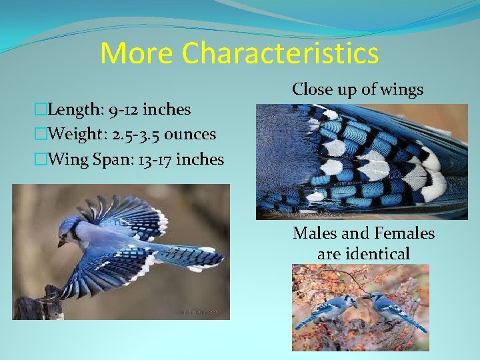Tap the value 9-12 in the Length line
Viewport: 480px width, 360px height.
(125, 109)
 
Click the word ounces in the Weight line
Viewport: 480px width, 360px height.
(190, 135)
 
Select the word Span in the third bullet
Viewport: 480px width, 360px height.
(107, 160)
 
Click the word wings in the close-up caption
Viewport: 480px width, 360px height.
(401, 89)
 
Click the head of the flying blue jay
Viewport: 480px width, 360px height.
(69, 229)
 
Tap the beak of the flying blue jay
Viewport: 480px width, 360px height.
(59, 243)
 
